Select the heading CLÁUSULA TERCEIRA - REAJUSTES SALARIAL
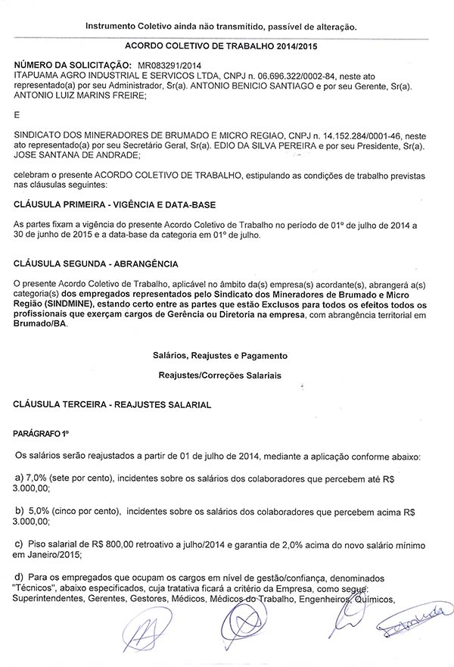(112, 405)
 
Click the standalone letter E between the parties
(17, 115)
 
